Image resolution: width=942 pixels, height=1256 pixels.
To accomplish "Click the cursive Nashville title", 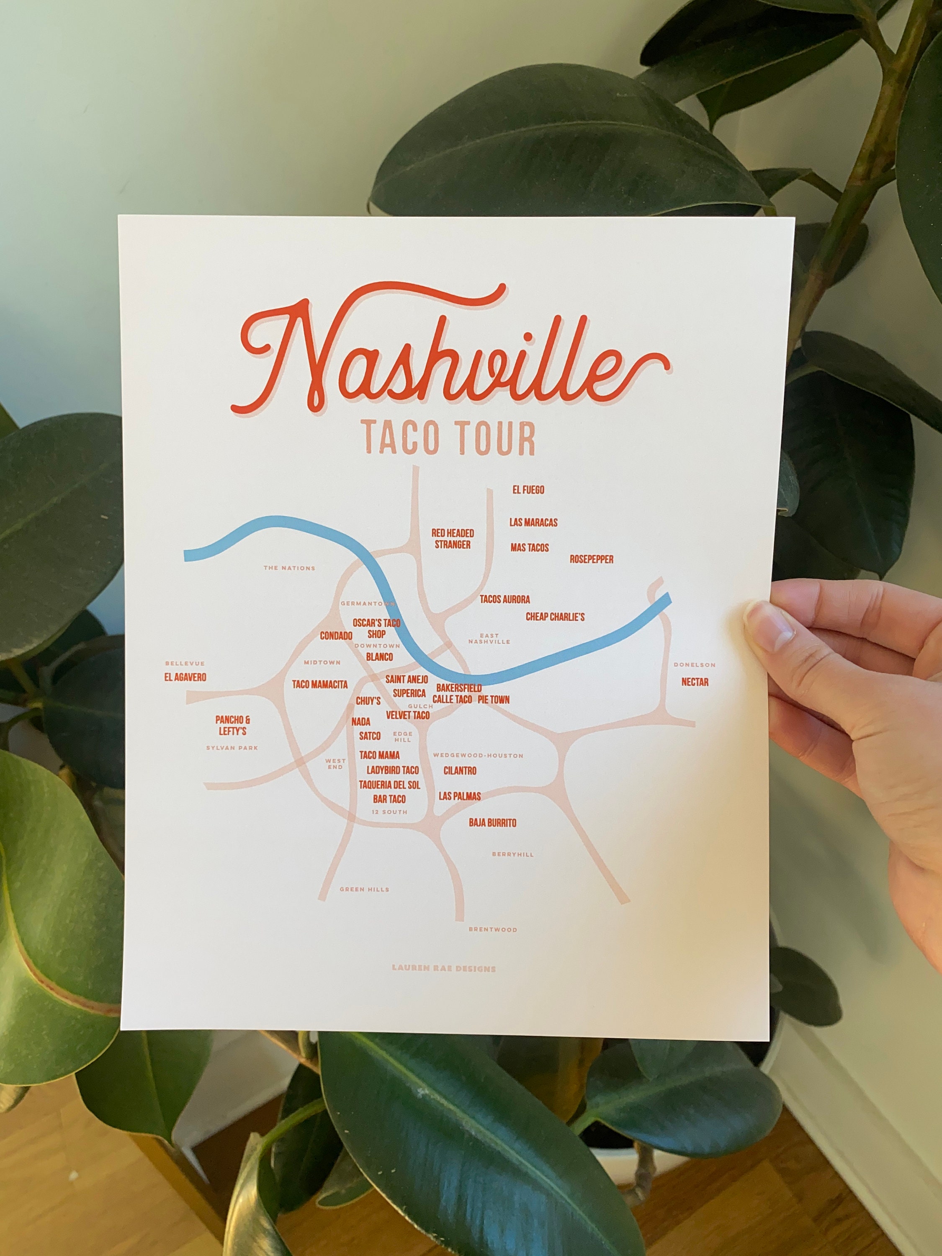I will click(x=448, y=358).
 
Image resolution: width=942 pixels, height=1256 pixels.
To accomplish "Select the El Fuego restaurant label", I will click(x=528, y=489).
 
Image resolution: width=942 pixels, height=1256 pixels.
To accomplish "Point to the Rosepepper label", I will click(x=592, y=559).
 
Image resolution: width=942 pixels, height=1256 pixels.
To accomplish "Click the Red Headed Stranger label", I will click(x=453, y=539).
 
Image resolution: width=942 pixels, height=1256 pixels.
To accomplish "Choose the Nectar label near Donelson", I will click(x=695, y=682).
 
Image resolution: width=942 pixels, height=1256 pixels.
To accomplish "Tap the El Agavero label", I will click(x=185, y=677).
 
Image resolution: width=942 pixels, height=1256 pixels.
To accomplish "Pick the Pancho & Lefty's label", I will click(x=233, y=726).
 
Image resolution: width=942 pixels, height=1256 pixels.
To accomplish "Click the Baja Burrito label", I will click(x=492, y=823).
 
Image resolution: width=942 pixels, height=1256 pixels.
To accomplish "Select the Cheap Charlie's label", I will click(x=555, y=617).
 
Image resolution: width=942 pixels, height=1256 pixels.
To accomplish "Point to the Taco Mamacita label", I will click(x=320, y=685).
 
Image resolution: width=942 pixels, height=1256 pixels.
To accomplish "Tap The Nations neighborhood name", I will click(x=289, y=568).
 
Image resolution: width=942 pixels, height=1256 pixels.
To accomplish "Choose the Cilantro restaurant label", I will click(x=460, y=771).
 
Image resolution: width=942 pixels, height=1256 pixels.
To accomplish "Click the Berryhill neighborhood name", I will click(x=513, y=854).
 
